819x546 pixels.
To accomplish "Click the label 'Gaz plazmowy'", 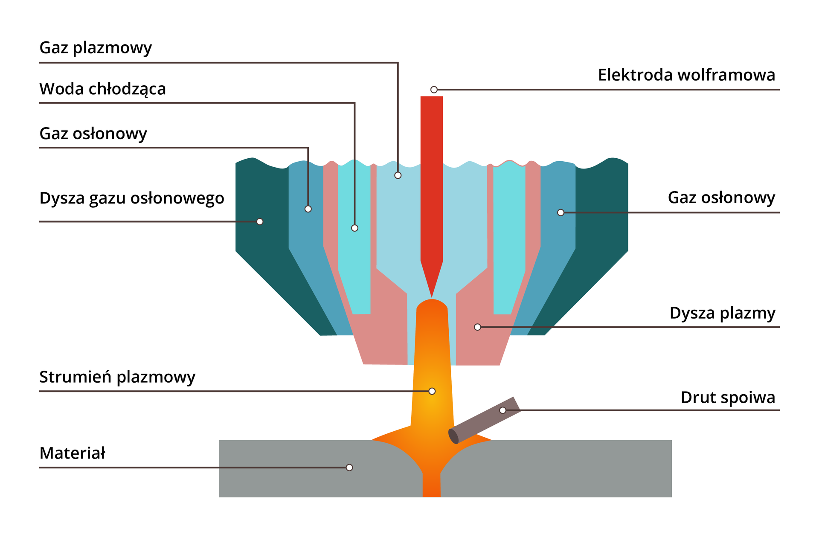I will (x=96, y=48).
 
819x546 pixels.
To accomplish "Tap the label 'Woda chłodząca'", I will (x=102, y=89).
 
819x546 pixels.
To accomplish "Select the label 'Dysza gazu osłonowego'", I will (x=131, y=198).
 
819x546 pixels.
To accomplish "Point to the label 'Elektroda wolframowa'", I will (x=686, y=75).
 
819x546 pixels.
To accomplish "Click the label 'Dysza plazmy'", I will (x=722, y=313).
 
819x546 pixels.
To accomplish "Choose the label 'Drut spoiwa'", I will (x=728, y=398).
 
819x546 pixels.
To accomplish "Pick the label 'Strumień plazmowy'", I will (x=117, y=377).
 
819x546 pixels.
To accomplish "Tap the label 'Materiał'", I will (x=72, y=453).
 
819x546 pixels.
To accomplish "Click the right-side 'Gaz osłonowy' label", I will (x=721, y=198).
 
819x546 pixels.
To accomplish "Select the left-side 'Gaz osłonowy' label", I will (x=93, y=134).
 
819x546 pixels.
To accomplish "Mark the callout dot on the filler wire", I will (x=503, y=410).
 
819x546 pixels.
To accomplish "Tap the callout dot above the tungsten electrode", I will (x=434, y=90).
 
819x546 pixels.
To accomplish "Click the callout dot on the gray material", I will (x=349, y=468).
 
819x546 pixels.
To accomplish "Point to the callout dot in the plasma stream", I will (x=432, y=391).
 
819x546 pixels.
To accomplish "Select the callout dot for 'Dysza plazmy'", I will (x=478, y=327).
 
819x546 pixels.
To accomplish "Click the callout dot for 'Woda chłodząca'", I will (x=354, y=228).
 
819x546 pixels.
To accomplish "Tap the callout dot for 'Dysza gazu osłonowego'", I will (x=260, y=221).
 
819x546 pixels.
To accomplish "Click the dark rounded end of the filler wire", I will (x=453, y=436).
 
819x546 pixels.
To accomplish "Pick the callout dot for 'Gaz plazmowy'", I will (x=398, y=175).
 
